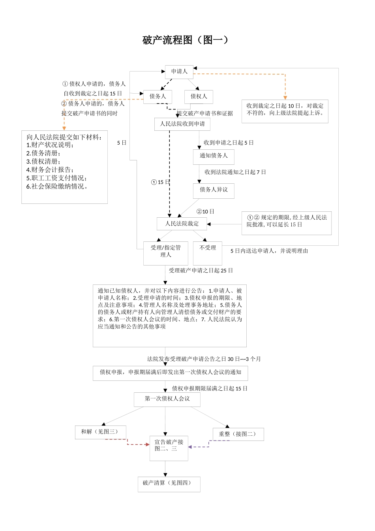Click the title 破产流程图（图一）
(186, 40)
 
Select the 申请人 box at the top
(179, 72)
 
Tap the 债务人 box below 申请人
(158, 96)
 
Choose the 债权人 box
(199, 96)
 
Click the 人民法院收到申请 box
(182, 124)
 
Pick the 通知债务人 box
(214, 156)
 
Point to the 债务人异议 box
(214, 190)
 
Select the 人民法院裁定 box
(182, 224)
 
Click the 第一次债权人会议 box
(167, 399)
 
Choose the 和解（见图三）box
(101, 432)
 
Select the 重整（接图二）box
(238, 434)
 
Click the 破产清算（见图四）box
(169, 484)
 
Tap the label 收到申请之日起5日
(229, 143)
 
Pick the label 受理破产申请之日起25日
(201, 271)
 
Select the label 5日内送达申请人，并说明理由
(269, 251)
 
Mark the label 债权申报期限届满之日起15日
(210, 389)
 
